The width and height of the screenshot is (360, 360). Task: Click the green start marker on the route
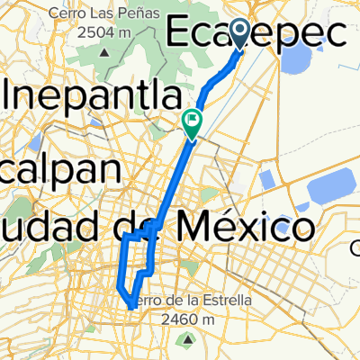tap(193, 118)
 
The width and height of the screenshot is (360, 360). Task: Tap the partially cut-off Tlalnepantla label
tap(90, 93)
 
